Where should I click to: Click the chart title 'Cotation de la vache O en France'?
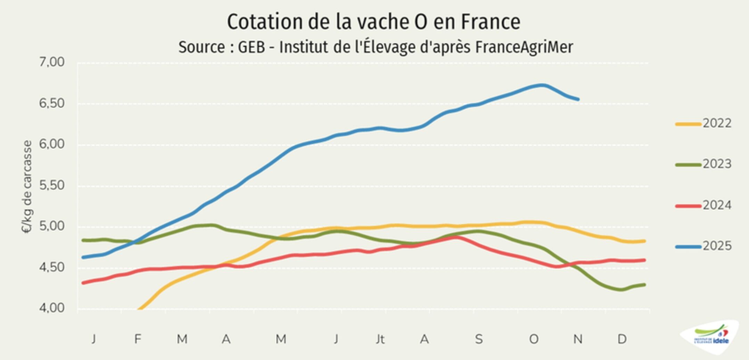tap(374, 22)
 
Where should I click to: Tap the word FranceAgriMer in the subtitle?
tap(524, 47)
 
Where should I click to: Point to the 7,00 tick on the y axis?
tap(52, 62)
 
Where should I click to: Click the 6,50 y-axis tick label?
tap(52, 103)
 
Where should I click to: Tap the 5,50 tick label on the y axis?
tap(52, 186)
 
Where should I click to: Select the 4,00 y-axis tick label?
tap(52, 308)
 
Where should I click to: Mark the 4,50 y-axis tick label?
tap(52, 268)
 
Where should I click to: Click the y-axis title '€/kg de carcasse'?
tap(27, 187)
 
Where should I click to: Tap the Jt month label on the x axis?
tap(380, 339)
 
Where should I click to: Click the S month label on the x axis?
tap(479, 339)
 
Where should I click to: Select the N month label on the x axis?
tap(578, 339)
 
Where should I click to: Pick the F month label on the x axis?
tap(138, 339)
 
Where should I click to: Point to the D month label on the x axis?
tap(622, 339)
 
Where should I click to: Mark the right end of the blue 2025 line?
tap(578, 99)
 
